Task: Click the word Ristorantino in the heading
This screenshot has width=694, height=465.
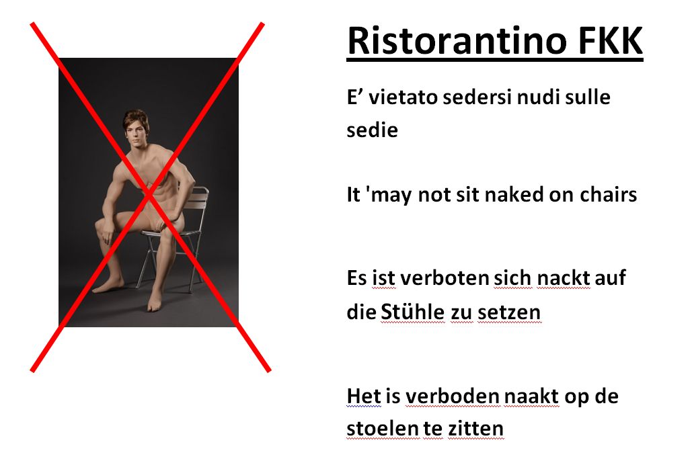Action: point(457,40)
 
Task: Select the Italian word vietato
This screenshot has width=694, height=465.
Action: point(403,97)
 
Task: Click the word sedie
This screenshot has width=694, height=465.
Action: point(373,130)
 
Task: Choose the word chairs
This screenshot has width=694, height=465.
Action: point(609,194)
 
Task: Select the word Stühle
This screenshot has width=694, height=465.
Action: point(412,312)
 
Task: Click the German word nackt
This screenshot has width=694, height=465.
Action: point(563,278)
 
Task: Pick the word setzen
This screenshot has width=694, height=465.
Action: point(510,312)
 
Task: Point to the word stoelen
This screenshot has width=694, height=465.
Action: point(383,428)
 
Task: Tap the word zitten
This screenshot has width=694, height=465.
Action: point(476,428)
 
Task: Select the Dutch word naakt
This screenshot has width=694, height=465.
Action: point(531,396)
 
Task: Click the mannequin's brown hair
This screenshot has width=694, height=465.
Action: point(135,118)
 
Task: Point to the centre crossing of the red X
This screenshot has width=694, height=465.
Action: point(149,196)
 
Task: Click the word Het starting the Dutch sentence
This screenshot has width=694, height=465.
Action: point(364,396)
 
